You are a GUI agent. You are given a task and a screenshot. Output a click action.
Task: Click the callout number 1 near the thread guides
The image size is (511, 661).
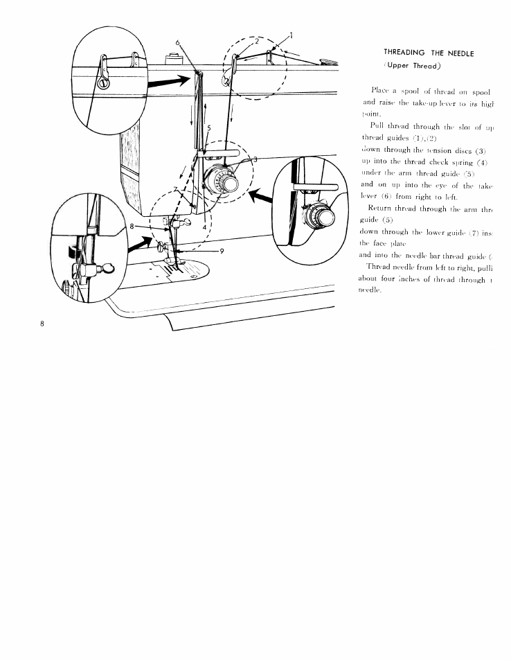[292, 34]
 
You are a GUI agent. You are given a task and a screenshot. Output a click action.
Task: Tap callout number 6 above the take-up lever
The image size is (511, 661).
[178, 43]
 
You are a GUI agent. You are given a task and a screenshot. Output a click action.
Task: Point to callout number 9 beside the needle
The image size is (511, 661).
[223, 251]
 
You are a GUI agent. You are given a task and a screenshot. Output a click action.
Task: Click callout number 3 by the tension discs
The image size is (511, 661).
[255, 159]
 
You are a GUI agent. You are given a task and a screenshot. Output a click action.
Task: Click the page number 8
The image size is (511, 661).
[43, 324]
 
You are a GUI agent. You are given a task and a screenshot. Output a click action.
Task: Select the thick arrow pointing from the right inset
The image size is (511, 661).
[260, 199]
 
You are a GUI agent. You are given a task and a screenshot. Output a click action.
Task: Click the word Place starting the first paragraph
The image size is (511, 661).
[382, 90]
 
